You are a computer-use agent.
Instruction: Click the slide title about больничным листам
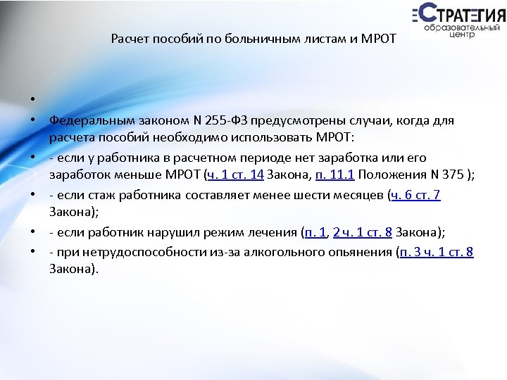(254, 40)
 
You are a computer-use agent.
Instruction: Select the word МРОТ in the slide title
(380, 40)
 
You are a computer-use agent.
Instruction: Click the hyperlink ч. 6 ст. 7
(415, 195)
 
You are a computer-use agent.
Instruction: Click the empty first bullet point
(32, 99)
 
